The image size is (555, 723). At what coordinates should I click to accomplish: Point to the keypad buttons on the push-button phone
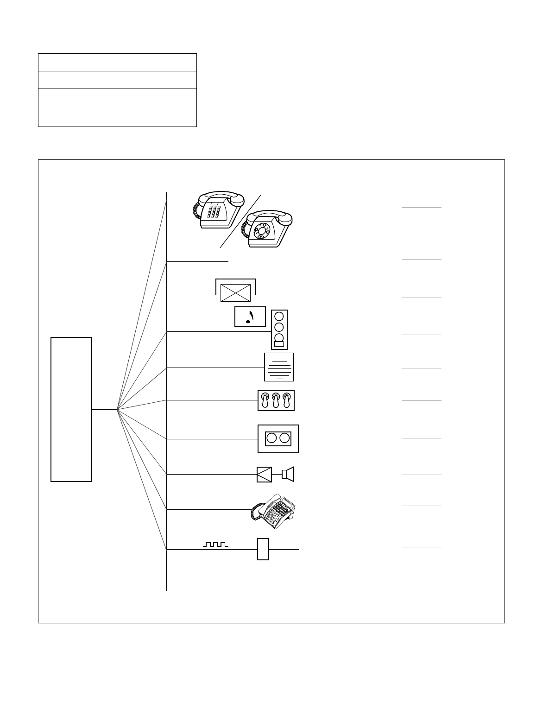point(214,213)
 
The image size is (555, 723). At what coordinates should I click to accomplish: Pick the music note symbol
point(250,317)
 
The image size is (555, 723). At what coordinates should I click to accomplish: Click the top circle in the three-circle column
point(279,317)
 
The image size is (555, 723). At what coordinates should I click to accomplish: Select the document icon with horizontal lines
point(279,367)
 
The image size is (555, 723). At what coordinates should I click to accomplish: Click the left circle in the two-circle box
point(272,438)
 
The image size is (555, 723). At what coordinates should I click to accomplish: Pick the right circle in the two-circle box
point(284,438)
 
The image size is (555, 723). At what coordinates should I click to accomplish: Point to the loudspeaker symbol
point(288,474)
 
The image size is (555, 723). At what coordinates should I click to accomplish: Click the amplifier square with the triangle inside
point(264,474)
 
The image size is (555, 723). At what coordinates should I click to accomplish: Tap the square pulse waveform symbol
point(215,544)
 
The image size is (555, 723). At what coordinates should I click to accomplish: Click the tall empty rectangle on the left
point(71,409)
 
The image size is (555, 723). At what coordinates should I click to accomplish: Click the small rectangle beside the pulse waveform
point(263,549)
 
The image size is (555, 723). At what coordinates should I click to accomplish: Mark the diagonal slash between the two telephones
point(240,221)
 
